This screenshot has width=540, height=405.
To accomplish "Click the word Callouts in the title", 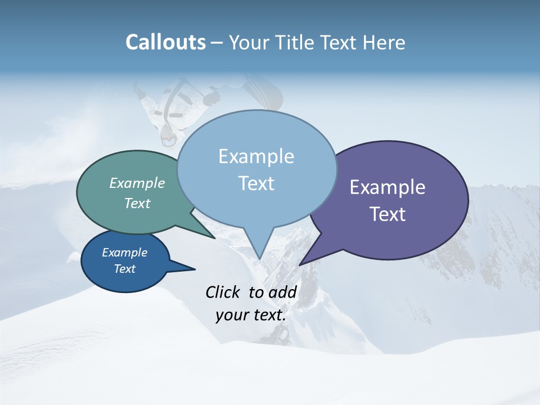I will [165, 42].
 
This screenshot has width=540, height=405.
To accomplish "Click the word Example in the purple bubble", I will [388, 187].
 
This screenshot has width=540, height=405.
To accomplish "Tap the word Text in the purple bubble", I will [388, 214].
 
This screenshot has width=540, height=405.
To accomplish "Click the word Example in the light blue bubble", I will [256, 156].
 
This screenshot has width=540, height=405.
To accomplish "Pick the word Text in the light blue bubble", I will [256, 183].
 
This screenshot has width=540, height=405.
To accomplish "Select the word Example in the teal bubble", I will [137, 183].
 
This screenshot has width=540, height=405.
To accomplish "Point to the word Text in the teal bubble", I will [137, 203].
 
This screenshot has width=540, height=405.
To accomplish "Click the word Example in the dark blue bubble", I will [124, 253].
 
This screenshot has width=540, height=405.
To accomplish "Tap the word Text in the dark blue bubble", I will [124, 269].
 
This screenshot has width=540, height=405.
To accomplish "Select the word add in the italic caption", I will [283, 292].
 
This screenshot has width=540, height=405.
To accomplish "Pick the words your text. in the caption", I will [251, 315].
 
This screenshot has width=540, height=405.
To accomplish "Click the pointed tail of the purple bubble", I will [301, 263].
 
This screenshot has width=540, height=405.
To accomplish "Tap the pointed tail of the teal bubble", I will [214, 237].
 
